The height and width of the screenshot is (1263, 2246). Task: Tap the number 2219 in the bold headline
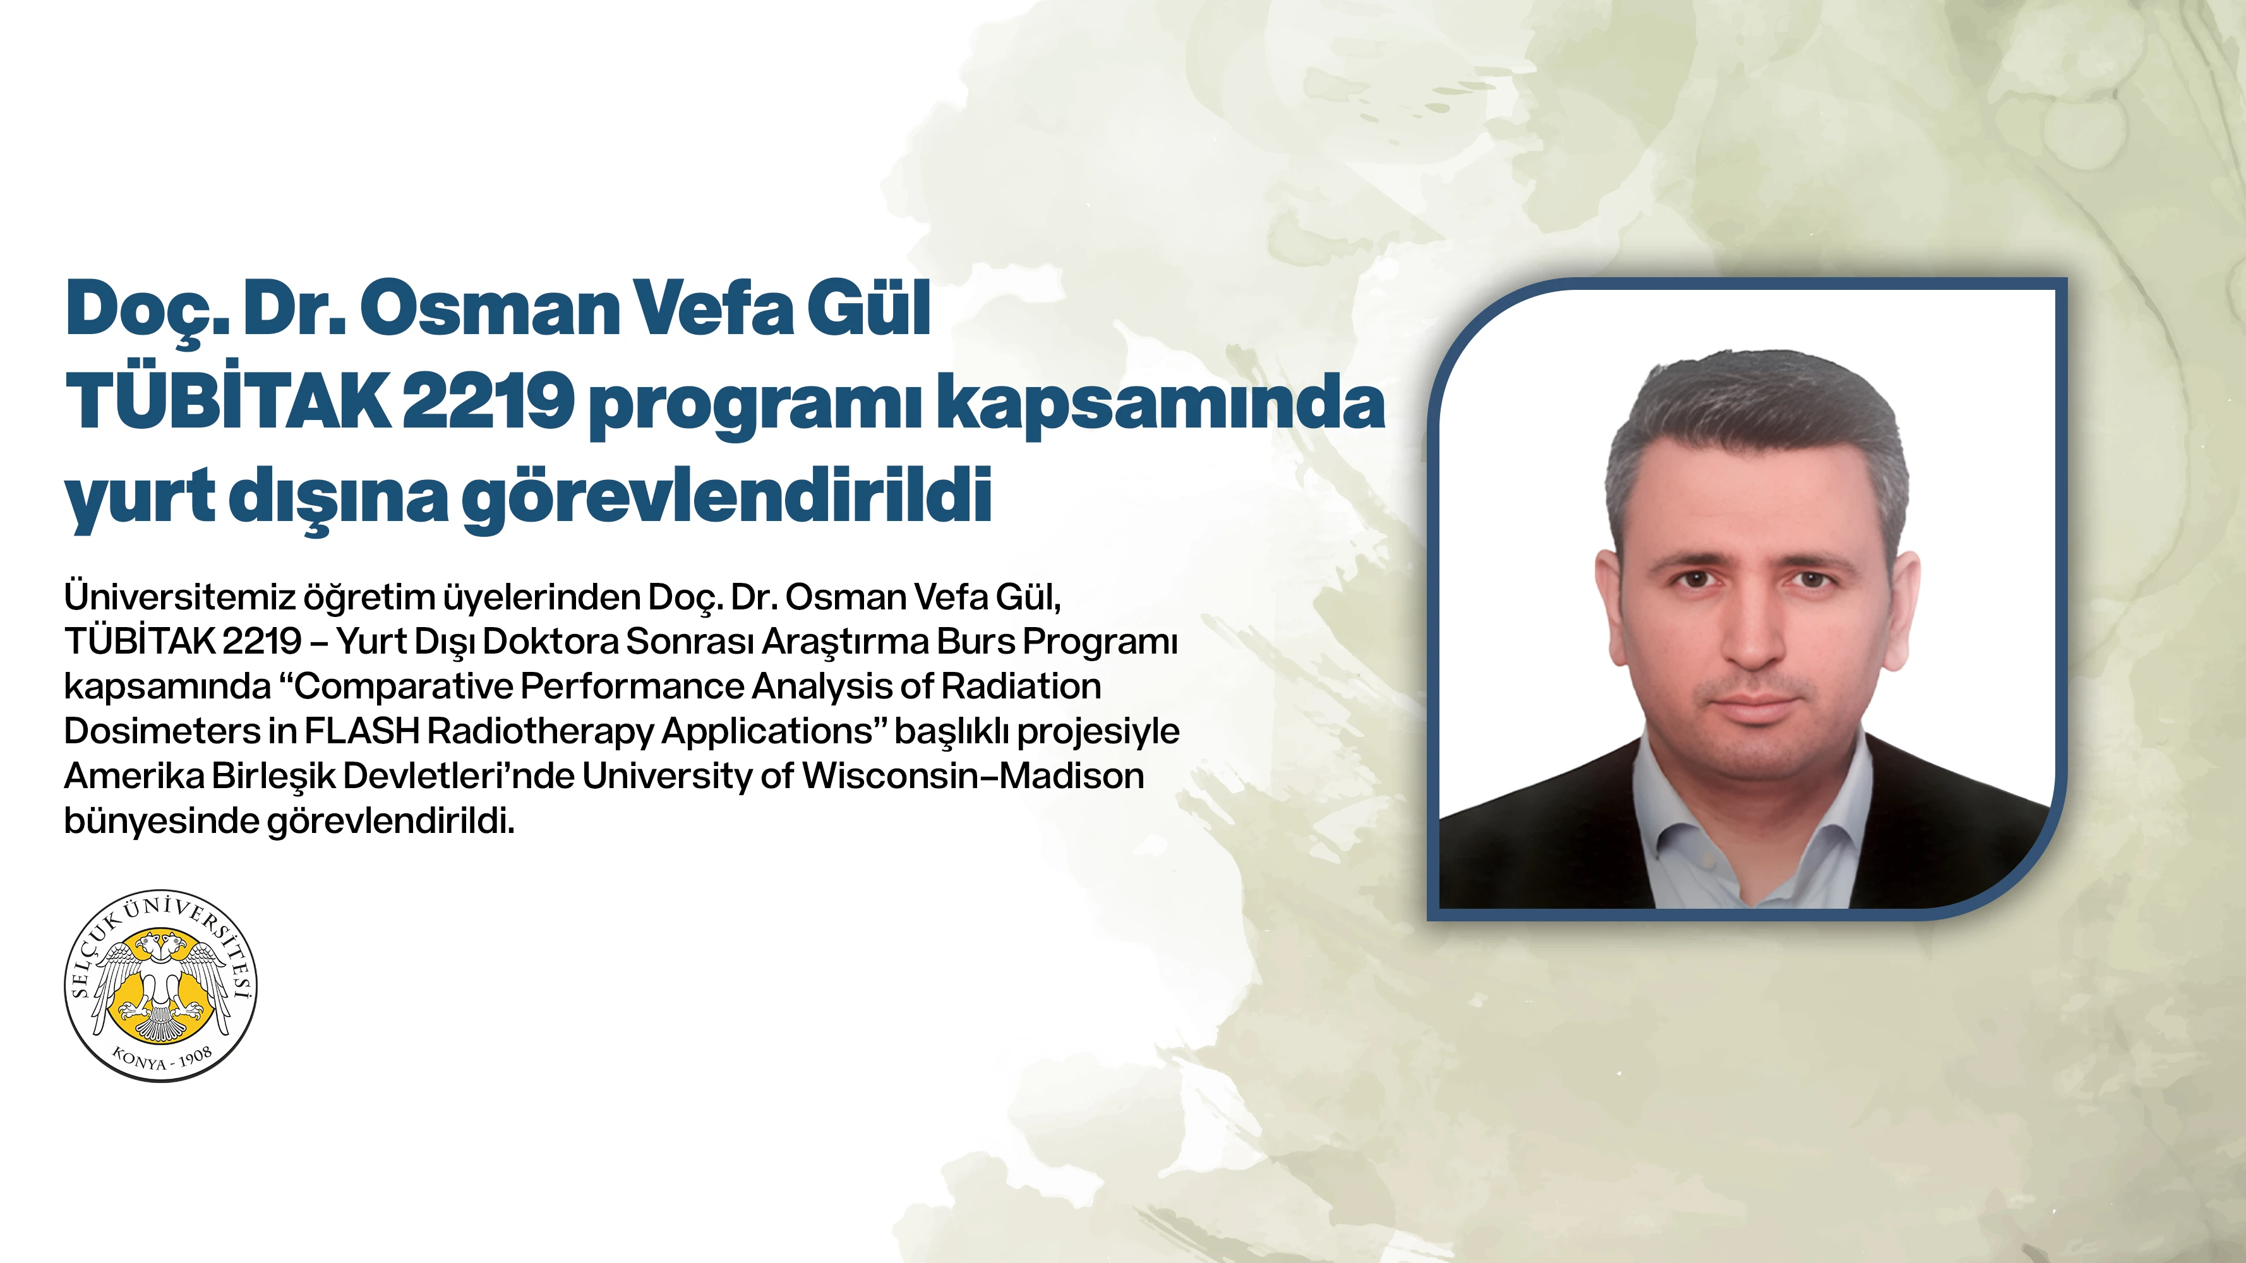click(488, 402)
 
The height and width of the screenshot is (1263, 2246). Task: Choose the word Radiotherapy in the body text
click(541, 732)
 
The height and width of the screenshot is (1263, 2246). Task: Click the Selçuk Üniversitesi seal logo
click(161, 986)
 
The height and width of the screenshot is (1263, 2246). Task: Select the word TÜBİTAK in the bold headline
click(229, 402)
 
